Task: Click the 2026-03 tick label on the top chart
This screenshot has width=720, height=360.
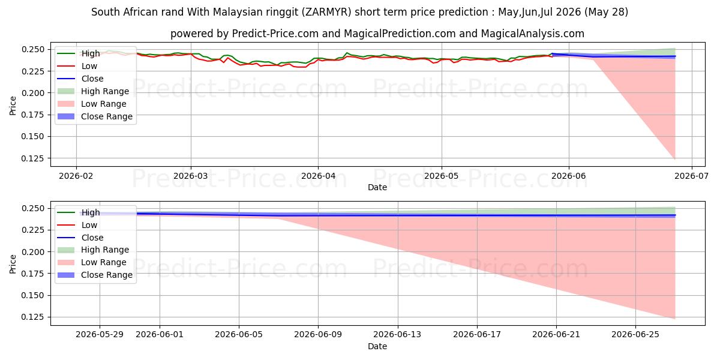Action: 191,176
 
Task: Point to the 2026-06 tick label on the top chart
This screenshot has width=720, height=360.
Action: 569,176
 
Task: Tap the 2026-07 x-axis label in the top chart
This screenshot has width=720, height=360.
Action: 691,176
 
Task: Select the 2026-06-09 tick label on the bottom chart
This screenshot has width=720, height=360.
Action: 318,335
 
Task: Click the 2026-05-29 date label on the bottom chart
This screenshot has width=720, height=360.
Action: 100,335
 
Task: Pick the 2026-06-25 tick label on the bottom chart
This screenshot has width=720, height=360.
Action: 635,335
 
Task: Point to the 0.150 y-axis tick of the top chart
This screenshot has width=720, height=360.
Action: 32,137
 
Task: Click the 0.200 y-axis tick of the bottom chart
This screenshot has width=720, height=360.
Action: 32,252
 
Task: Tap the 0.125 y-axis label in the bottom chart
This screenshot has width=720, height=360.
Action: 32,317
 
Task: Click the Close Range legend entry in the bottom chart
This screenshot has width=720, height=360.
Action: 95,275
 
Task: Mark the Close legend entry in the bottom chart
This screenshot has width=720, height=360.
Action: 80,238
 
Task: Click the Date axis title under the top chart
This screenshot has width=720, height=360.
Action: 377,187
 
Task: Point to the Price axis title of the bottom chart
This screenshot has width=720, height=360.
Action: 13,264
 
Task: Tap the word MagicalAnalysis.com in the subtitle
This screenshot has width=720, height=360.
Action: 533,34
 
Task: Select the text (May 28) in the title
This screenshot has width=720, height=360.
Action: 606,12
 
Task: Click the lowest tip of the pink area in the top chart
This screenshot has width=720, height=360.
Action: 675,159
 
